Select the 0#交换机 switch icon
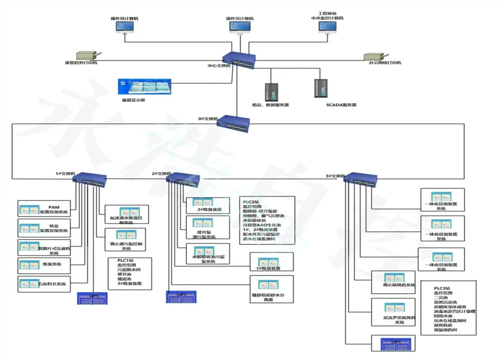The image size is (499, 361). pyautogui.click(x=233, y=122)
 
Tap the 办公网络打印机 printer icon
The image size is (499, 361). pyautogui.click(x=375, y=56)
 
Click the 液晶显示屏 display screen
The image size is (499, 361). pyautogui.click(x=142, y=87)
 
